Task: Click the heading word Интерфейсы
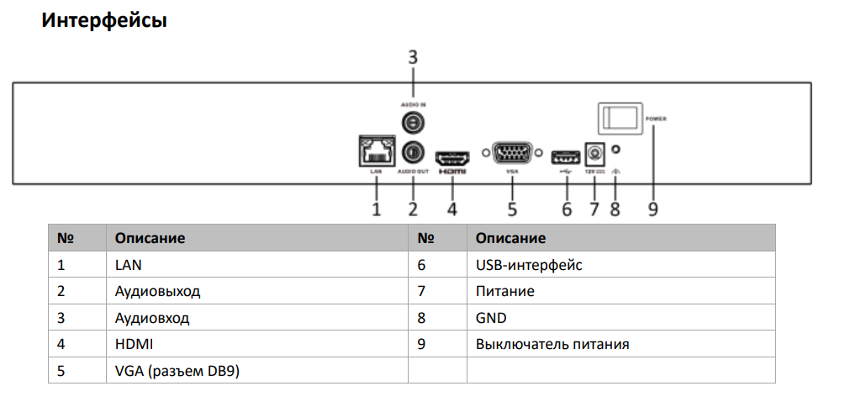point(104,21)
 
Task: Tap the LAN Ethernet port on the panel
point(375,151)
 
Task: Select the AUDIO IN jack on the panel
point(412,123)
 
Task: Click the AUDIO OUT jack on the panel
point(413,152)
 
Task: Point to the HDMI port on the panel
point(452,156)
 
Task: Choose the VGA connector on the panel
point(511,155)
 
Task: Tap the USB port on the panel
point(566,156)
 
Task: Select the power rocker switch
point(620,118)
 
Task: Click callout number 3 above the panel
point(413,58)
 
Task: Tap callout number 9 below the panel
point(652,208)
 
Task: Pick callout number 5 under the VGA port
point(511,208)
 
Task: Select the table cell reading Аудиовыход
point(158,292)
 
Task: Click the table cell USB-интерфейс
point(529,266)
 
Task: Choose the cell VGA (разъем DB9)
point(177,371)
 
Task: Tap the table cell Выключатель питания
point(552,344)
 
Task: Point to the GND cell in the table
point(491,318)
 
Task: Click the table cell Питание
point(504,292)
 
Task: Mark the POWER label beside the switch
point(657,119)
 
